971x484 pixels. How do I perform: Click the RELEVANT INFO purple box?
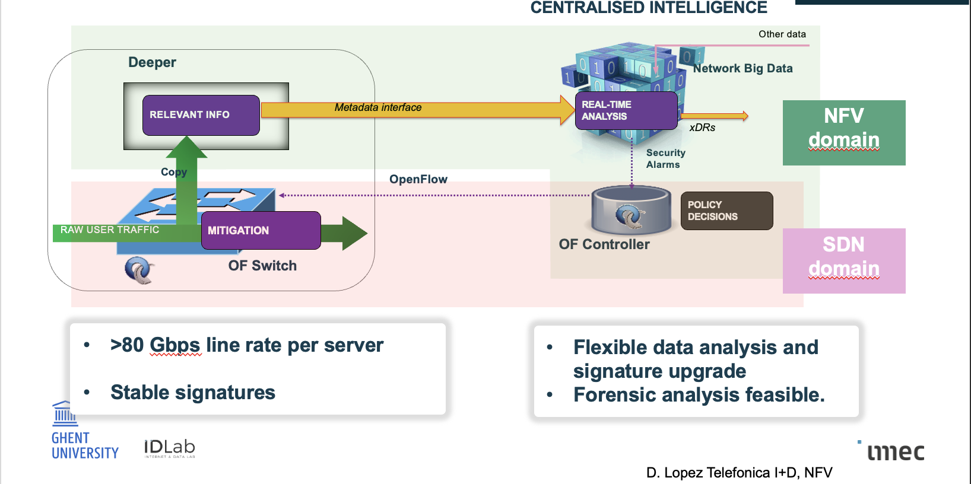tap(201, 115)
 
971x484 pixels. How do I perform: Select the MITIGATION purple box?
tap(261, 230)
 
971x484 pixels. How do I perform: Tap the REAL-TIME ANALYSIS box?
tap(626, 110)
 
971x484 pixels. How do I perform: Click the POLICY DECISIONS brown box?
tap(726, 211)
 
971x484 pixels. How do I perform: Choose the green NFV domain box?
tap(843, 132)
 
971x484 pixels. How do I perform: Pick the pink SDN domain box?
tap(843, 260)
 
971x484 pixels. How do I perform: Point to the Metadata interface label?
tap(377, 107)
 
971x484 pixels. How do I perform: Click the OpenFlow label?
tap(418, 179)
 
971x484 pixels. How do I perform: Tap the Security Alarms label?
tap(665, 159)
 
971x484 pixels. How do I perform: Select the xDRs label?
tap(702, 128)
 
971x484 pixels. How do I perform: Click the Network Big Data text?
tap(742, 68)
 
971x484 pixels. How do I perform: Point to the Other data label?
tap(782, 34)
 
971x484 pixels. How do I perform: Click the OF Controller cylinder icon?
tap(631, 210)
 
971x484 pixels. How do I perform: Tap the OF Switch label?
tap(262, 266)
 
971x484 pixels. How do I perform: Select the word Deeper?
tap(152, 62)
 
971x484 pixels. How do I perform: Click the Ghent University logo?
tap(82, 431)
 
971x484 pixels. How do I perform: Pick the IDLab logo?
tap(169, 448)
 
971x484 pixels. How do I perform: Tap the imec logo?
tap(895, 452)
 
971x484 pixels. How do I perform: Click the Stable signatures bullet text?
tap(192, 393)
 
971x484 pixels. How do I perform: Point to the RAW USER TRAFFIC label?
tap(110, 230)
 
